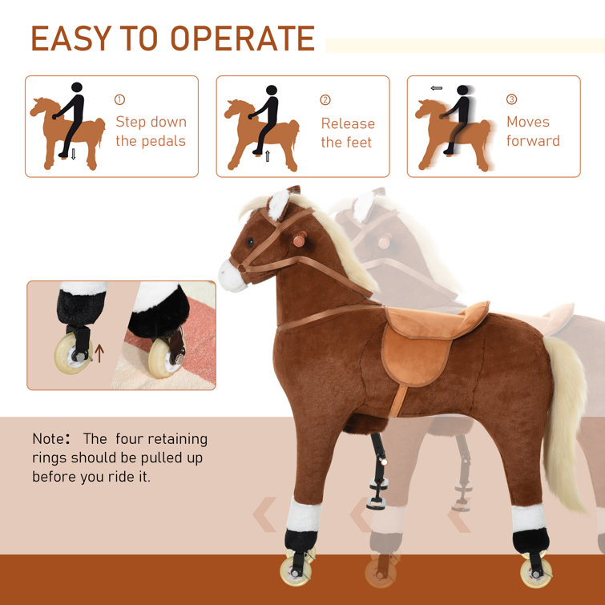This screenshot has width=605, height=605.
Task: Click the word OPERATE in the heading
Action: [x=243, y=38]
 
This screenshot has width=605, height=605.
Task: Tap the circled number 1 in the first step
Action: [x=119, y=100]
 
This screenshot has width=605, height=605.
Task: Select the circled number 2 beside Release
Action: [x=325, y=100]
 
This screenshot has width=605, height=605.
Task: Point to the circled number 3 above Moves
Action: [x=511, y=99]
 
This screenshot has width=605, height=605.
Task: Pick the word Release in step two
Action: [x=348, y=123]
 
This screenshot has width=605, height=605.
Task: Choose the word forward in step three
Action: [x=533, y=141]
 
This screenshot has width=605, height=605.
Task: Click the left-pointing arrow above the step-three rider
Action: [x=437, y=88]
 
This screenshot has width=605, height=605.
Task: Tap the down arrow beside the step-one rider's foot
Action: [x=73, y=154]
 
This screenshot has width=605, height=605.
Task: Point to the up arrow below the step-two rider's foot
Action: [x=268, y=156]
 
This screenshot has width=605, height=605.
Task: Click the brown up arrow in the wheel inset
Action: [x=99, y=353]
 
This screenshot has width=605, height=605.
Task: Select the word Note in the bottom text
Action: [x=47, y=438]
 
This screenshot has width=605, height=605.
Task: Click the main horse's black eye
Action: [x=250, y=242]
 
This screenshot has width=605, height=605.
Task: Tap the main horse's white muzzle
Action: [x=232, y=276]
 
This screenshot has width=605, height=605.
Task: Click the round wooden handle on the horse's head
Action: [x=300, y=240]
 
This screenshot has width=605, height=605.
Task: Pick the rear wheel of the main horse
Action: [x=536, y=574]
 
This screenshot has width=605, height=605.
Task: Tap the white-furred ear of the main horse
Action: [x=279, y=204]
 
